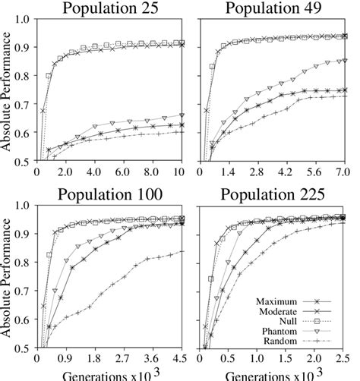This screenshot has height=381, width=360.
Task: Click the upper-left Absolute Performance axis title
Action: (x=8, y=91)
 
